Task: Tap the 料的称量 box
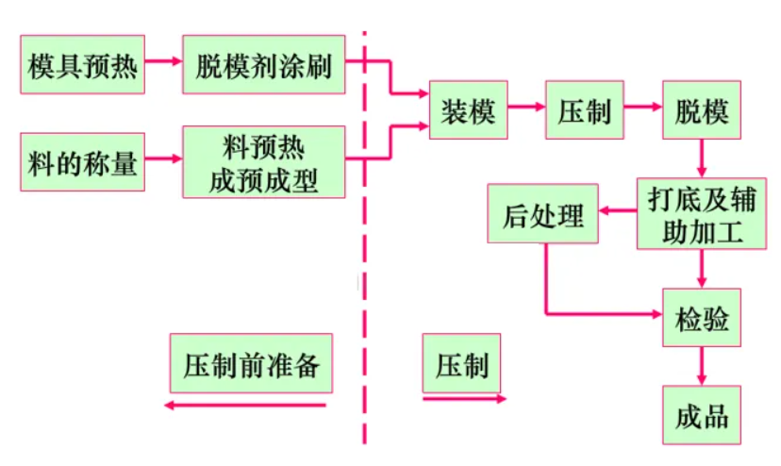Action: coord(82,161)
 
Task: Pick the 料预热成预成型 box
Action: coord(263,162)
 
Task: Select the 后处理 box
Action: coord(542,214)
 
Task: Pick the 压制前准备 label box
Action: coord(252,363)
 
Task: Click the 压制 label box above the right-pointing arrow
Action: coord(462,363)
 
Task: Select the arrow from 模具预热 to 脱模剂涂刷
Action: coord(163,61)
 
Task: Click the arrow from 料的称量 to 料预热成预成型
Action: coord(163,159)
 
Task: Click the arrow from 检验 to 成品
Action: coord(701,367)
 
